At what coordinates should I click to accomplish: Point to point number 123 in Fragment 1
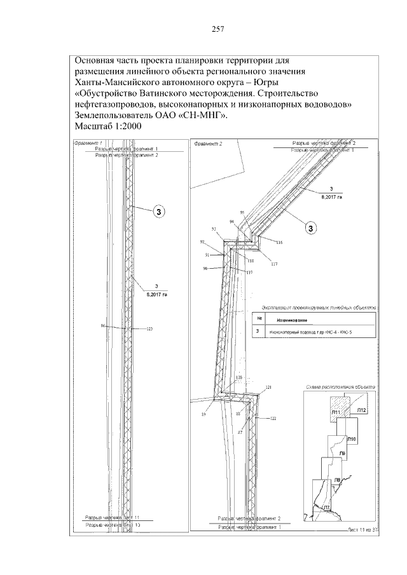[150, 328]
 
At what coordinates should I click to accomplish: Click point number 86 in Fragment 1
[103, 325]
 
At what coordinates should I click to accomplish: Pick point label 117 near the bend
[274, 264]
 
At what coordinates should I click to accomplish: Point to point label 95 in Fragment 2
[242, 212]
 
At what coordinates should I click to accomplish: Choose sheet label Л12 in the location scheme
[361, 411]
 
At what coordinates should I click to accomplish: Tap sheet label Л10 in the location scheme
[353, 440]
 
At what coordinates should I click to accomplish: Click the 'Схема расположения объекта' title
[340, 387]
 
